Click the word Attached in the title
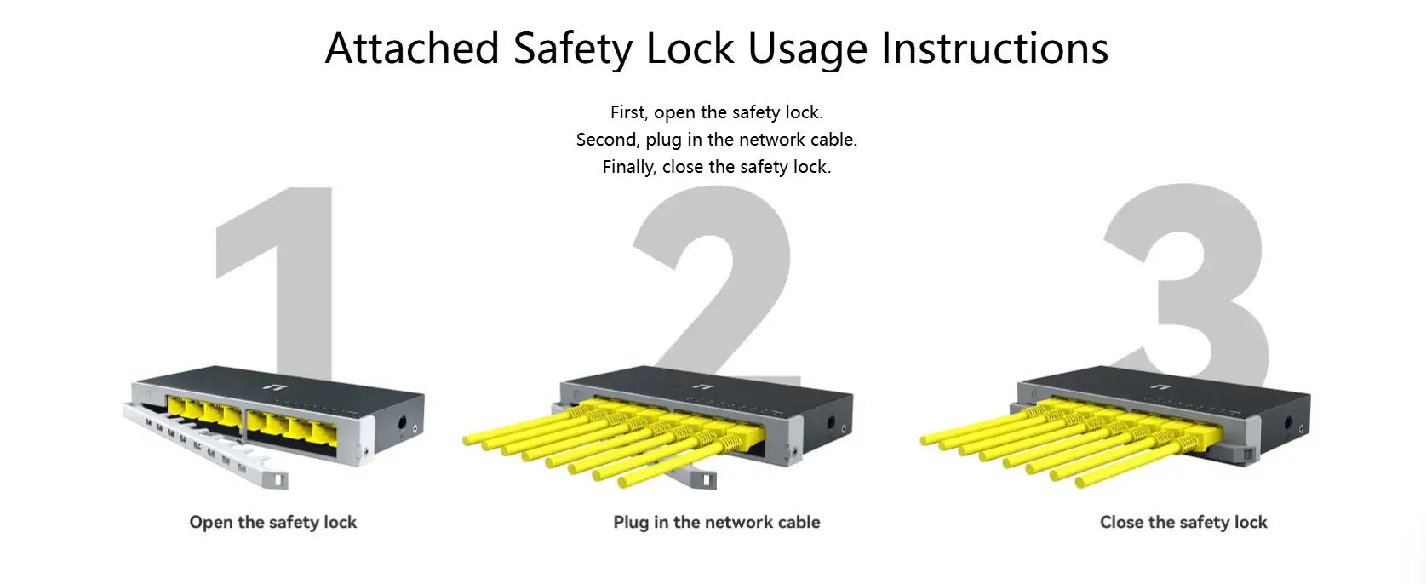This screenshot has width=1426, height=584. [412, 48]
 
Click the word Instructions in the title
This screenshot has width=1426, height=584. [994, 48]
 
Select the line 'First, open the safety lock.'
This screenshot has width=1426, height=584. [717, 112]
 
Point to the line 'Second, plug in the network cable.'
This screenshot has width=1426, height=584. [717, 140]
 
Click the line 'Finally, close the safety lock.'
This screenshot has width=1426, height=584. [717, 167]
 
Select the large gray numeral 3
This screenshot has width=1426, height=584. [1186, 281]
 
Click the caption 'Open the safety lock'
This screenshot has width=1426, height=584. [273, 522]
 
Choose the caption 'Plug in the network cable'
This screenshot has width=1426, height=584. [717, 522]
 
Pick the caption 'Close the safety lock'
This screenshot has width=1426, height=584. [1183, 522]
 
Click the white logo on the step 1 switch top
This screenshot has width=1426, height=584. [254, 388]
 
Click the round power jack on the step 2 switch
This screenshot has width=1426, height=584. [830, 422]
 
